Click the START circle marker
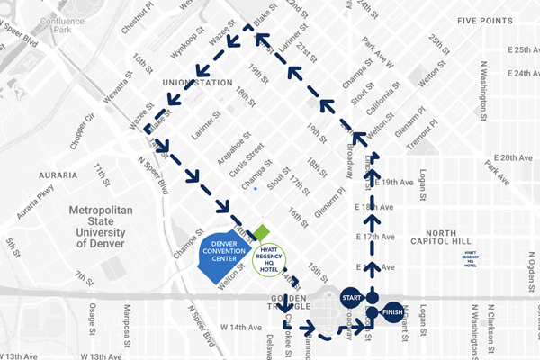[352, 297]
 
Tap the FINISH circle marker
[391, 313]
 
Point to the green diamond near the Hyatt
[260, 232]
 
